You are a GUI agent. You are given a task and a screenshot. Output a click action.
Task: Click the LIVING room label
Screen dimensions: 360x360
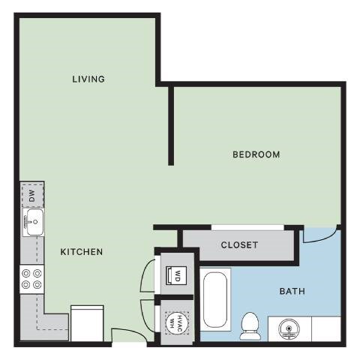(x=88, y=79)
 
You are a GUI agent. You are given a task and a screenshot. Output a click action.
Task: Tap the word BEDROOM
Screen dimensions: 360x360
(x=256, y=155)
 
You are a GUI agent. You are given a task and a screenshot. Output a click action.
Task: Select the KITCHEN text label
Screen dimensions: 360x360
(x=81, y=252)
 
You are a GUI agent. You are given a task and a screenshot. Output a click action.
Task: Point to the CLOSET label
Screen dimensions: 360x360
(x=239, y=245)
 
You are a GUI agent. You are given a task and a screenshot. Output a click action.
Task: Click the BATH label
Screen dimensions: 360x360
(x=292, y=291)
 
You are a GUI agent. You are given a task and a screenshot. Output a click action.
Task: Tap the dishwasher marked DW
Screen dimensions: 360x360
(x=32, y=194)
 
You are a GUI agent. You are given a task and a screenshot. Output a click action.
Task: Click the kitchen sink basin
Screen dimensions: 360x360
(x=33, y=222)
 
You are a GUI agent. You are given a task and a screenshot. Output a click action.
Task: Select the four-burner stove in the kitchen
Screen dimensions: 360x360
(x=32, y=279)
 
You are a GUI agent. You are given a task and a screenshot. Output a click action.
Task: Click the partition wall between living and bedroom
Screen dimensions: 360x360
(x=171, y=124)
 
